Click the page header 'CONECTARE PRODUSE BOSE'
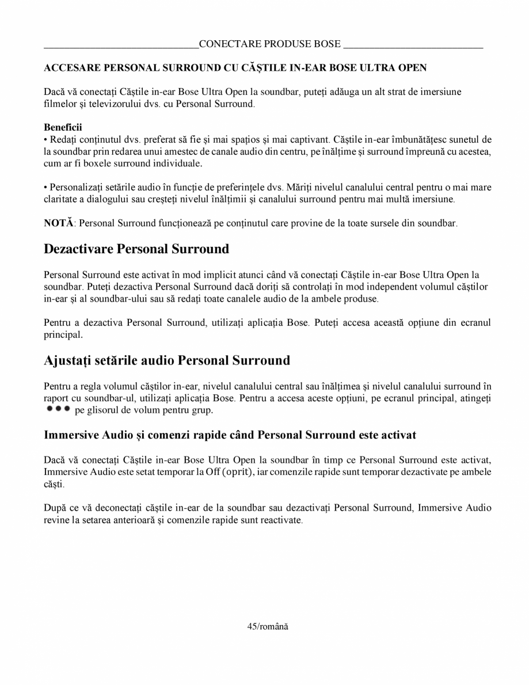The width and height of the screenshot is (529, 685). tap(269, 44)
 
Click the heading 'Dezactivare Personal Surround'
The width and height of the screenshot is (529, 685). tap(136, 249)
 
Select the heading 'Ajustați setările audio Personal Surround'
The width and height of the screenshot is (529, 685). tap(167, 361)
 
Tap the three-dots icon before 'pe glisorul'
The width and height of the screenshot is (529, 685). tap(58, 408)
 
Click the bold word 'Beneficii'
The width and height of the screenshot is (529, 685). tap(63, 127)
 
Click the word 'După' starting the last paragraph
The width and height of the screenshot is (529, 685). tap(55, 508)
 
